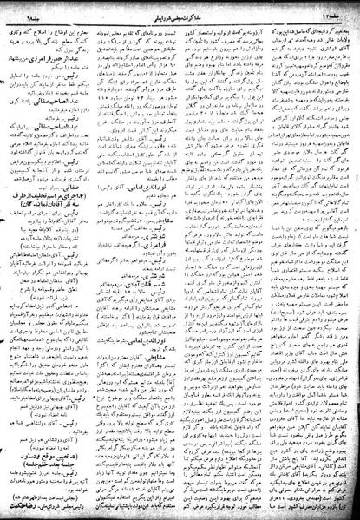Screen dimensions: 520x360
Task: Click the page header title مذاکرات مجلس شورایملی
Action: pyautogui.click(x=178, y=8)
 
